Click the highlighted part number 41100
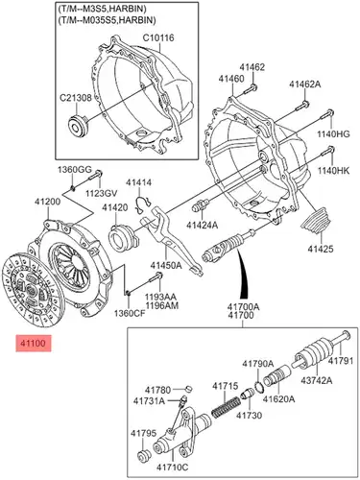pyautogui.click(x=34, y=344)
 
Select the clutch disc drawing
pyautogui.click(x=32, y=290)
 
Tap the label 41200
pyautogui.click(x=48, y=202)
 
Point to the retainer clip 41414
pyautogui.click(x=142, y=205)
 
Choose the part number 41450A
pyautogui.click(x=166, y=266)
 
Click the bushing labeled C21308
pyautogui.click(x=78, y=125)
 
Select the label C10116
pyautogui.click(x=158, y=37)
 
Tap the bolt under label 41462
pyautogui.click(x=250, y=89)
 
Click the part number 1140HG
pyautogui.click(x=333, y=134)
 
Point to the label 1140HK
pyautogui.click(x=333, y=171)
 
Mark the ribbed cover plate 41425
pyautogui.click(x=317, y=222)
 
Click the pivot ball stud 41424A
pyautogui.click(x=201, y=205)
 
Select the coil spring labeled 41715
pyautogui.click(x=226, y=407)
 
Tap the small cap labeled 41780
pyautogui.click(x=189, y=389)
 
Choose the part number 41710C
pyautogui.click(x=173, y=468)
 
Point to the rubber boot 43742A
pyautogui.click(x=310, y=354)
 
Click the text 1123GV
pyautogui.click(x=101, y=193)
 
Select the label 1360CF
pyautogui.click(x=130, y=313)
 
